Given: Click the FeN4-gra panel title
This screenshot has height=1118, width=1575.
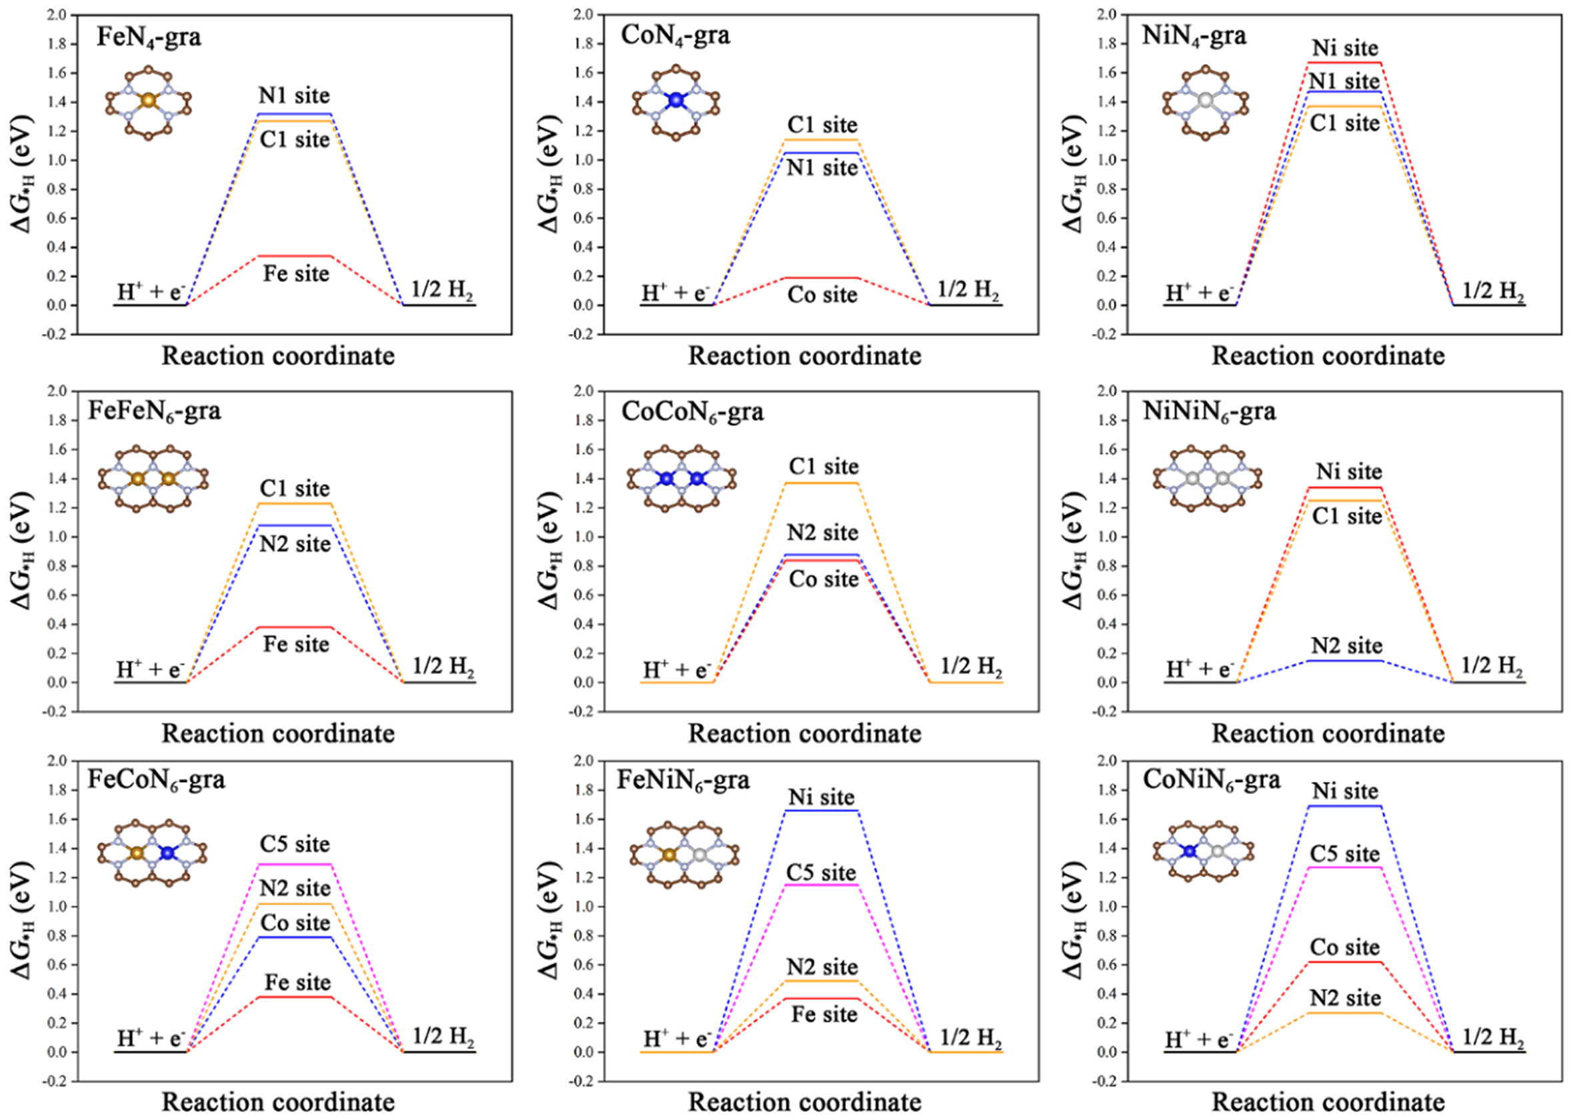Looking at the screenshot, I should (x=149, y=37).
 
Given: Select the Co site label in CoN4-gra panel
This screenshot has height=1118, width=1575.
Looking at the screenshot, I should (x=823, y=295).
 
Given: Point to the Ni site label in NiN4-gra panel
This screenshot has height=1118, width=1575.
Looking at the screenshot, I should (x=1345, y=48).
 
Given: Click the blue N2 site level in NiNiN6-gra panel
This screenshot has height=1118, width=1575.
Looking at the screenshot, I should (x=1345, y=661).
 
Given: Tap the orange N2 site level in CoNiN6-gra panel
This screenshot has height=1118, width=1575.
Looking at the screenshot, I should (x=1345, y=1013).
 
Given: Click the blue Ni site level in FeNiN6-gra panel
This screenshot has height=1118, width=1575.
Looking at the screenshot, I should (x=822, y=810).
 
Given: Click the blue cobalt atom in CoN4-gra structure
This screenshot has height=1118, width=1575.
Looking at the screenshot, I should (x=676, y=101).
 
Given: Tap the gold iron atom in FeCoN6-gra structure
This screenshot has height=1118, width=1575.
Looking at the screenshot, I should (x=137, y=853).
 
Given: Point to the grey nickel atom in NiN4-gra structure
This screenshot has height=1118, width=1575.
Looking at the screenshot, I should (x=1206, y=101).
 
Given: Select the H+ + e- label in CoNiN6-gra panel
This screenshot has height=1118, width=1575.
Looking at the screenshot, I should (x=1199, y=1039).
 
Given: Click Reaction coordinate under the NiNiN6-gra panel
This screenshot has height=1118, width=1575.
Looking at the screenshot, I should (x=1328, y=734).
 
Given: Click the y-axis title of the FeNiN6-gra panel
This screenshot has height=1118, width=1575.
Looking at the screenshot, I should (x=551, y=920).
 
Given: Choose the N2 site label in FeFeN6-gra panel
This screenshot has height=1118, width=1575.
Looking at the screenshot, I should (x=295, y=544).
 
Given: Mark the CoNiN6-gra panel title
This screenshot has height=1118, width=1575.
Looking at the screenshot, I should (x=1212, y=780).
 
